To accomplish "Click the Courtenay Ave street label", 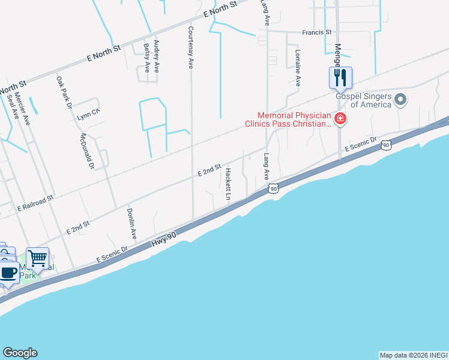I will pos(191,47).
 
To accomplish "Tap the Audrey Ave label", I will pos(157,56).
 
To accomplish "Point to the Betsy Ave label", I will pos(146,56).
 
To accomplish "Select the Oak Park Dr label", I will pos(64,91).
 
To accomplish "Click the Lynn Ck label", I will pos(88,117).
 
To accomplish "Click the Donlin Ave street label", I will pos(132,225).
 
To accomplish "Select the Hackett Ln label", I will pos(228,184).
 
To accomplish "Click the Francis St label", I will pos(317,32).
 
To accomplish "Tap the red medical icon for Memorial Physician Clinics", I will pos(340,119).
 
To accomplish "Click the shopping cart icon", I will pos(37,259).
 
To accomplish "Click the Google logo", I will pos(20,353).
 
